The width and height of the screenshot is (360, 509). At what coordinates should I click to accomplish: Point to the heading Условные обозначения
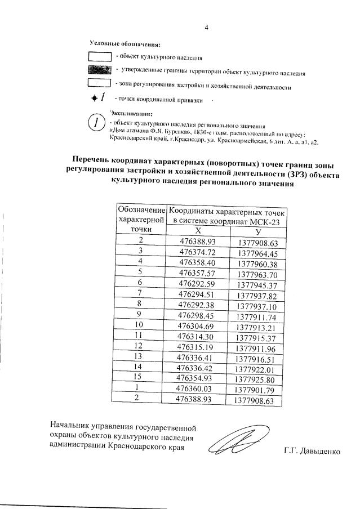pyautogui.click(x=125, y=43)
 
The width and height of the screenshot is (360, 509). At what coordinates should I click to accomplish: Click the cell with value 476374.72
pyautogui.click(x=197, y=252)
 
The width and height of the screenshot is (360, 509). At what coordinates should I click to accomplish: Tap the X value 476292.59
pyautogui.click(x=197, y=283)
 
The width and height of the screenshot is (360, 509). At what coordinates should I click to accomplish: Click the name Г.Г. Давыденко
pyautogui.click(x=312, y=452)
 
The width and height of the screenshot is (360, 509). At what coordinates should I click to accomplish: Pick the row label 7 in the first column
pyautogui.click(x=140, y=294)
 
